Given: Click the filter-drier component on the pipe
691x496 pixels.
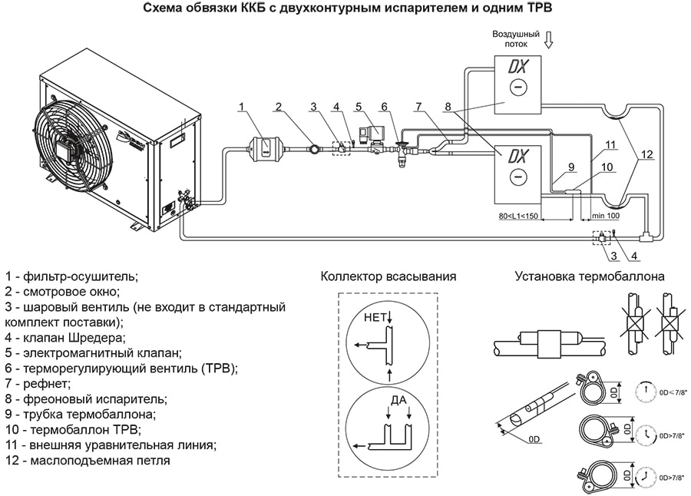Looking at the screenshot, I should coord(263,146).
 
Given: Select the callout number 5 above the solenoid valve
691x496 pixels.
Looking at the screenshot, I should coord(359,106).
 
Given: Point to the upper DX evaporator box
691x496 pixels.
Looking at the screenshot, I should coord(517,84).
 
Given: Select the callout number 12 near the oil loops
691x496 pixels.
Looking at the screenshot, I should coord(646,154).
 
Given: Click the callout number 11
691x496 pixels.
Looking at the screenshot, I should coord(610,144).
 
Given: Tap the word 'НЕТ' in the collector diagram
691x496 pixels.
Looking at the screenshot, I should coord(375,316).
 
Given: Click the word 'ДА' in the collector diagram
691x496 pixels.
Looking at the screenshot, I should coord(398,400).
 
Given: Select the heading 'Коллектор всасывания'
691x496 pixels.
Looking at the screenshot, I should coord(388,276).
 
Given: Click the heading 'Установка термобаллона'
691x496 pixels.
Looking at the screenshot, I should coord(590,276).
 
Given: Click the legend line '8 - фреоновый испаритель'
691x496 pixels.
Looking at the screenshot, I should coord(86,398).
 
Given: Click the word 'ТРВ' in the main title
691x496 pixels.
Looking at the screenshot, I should coord(537,9).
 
